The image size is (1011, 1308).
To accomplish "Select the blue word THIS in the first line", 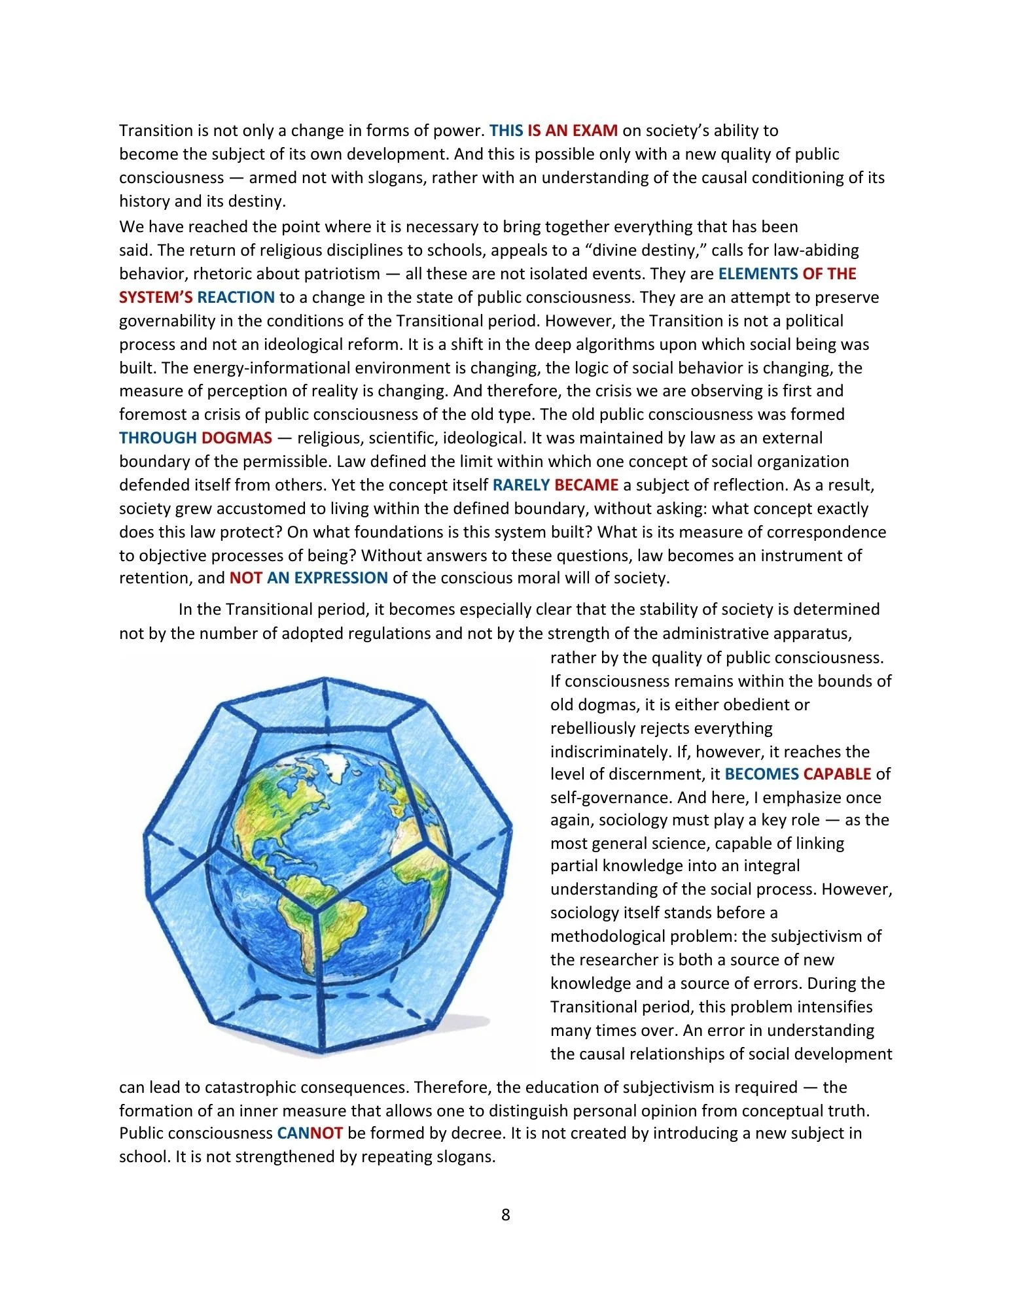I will (506, 130).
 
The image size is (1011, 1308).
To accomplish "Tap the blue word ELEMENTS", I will (758, 273).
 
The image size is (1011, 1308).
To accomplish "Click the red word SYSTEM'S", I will (156, 297).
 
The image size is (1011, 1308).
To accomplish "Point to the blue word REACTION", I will (236, 297).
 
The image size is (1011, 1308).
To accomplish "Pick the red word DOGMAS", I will (236, 438).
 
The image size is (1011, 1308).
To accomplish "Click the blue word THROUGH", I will (158, 438).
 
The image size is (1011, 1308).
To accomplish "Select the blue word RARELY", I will (521, 485).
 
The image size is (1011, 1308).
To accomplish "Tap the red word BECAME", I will (586, 485).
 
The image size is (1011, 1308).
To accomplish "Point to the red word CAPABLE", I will (837, 774).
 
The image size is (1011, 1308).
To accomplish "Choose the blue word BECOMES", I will (762, 774).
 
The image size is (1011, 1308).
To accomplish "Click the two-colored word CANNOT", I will (310, 1133).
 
